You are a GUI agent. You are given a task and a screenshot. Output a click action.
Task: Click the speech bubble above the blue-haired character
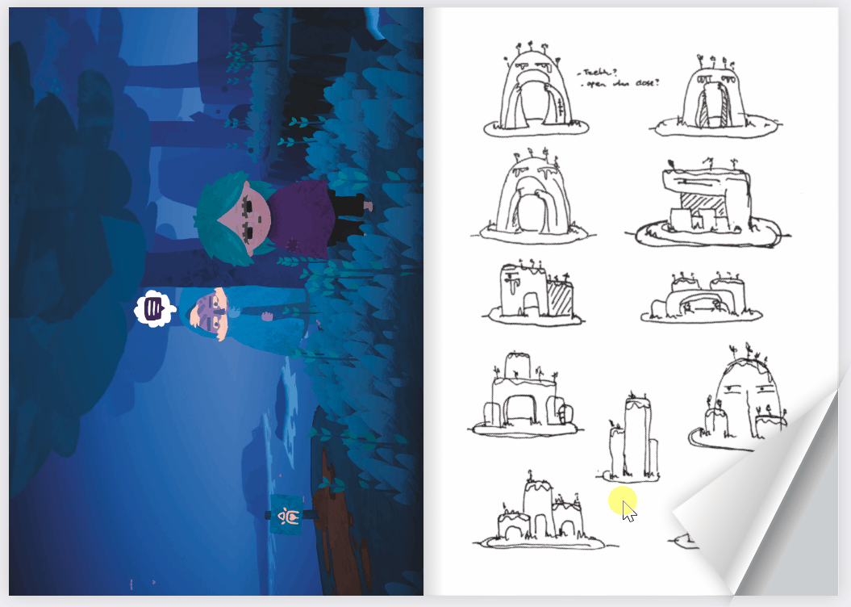click(151, 308)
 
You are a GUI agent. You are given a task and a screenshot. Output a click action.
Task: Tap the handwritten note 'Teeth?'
click(594, 73)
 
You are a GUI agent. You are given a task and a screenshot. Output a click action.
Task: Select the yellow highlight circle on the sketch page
click(622, 501)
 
